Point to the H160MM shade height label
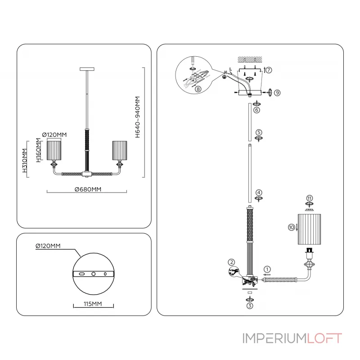point(39,152)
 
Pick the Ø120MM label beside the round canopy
point(48,246)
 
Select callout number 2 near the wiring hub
point(231,262)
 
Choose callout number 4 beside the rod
point(258,192)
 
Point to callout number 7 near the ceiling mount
point(269,70)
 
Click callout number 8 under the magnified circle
point(198,89)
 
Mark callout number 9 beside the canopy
point(277,92)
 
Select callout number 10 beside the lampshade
point(291,227)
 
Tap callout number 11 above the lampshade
point(309,198)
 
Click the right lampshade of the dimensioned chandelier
point(120,150)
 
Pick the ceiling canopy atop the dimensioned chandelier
point(87,69)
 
